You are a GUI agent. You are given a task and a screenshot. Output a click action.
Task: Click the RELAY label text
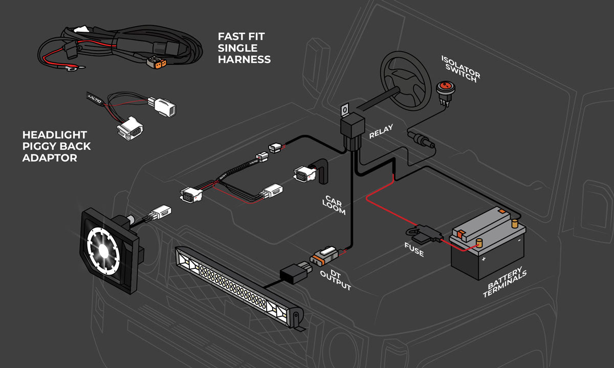(x=381, y=132)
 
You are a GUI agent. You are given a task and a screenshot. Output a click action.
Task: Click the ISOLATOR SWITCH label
(x=459, y=68)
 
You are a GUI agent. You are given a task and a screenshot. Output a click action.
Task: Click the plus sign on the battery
(x=483, y=259)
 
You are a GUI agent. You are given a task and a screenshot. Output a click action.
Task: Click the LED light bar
(x=238, y=283)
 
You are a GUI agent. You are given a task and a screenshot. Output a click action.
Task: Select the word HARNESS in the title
(x=244, y=60)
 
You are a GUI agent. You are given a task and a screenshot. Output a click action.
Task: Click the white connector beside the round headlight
(x=161, y=212)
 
